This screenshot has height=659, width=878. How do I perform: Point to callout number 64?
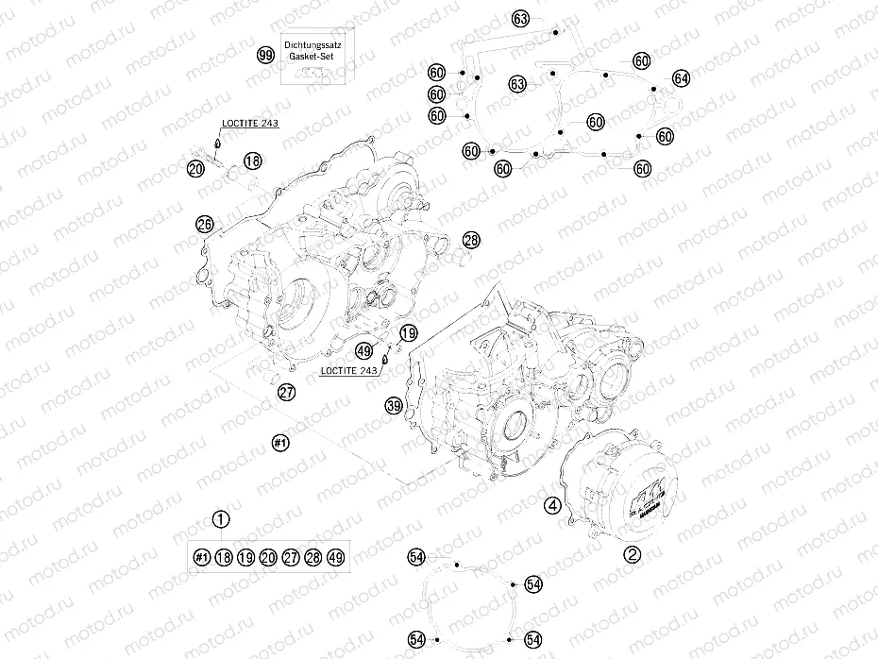[681, 77]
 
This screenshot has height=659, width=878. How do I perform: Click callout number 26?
[204, 224]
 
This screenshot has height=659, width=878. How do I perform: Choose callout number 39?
[395, 406]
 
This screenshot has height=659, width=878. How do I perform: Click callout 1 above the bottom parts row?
[221, 518]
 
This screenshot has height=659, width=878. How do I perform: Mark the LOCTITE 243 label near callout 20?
[250, 123]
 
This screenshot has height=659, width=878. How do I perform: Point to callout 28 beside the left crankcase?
[471, 242]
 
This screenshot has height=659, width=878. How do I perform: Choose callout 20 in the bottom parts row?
[268, 558]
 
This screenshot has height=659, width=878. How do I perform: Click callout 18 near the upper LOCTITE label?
[251, 162]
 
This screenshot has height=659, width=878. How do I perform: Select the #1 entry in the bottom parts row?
[200, 558]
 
